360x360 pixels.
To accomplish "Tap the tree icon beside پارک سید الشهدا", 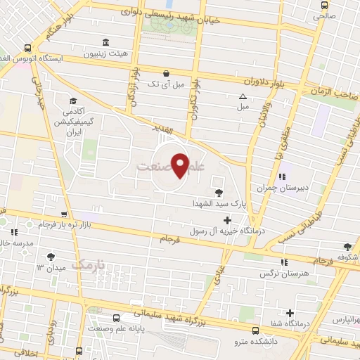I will point(219,192).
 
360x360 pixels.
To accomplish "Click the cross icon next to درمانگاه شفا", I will point(290,313).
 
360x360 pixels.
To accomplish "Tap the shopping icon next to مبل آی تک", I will point(166,72).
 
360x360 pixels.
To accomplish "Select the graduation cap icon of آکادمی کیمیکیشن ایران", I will point(73,101).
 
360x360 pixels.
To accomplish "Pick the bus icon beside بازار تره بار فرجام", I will point(64,215).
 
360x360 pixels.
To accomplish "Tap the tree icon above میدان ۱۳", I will point(50,257).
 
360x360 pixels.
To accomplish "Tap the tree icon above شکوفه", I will point(347,246).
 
